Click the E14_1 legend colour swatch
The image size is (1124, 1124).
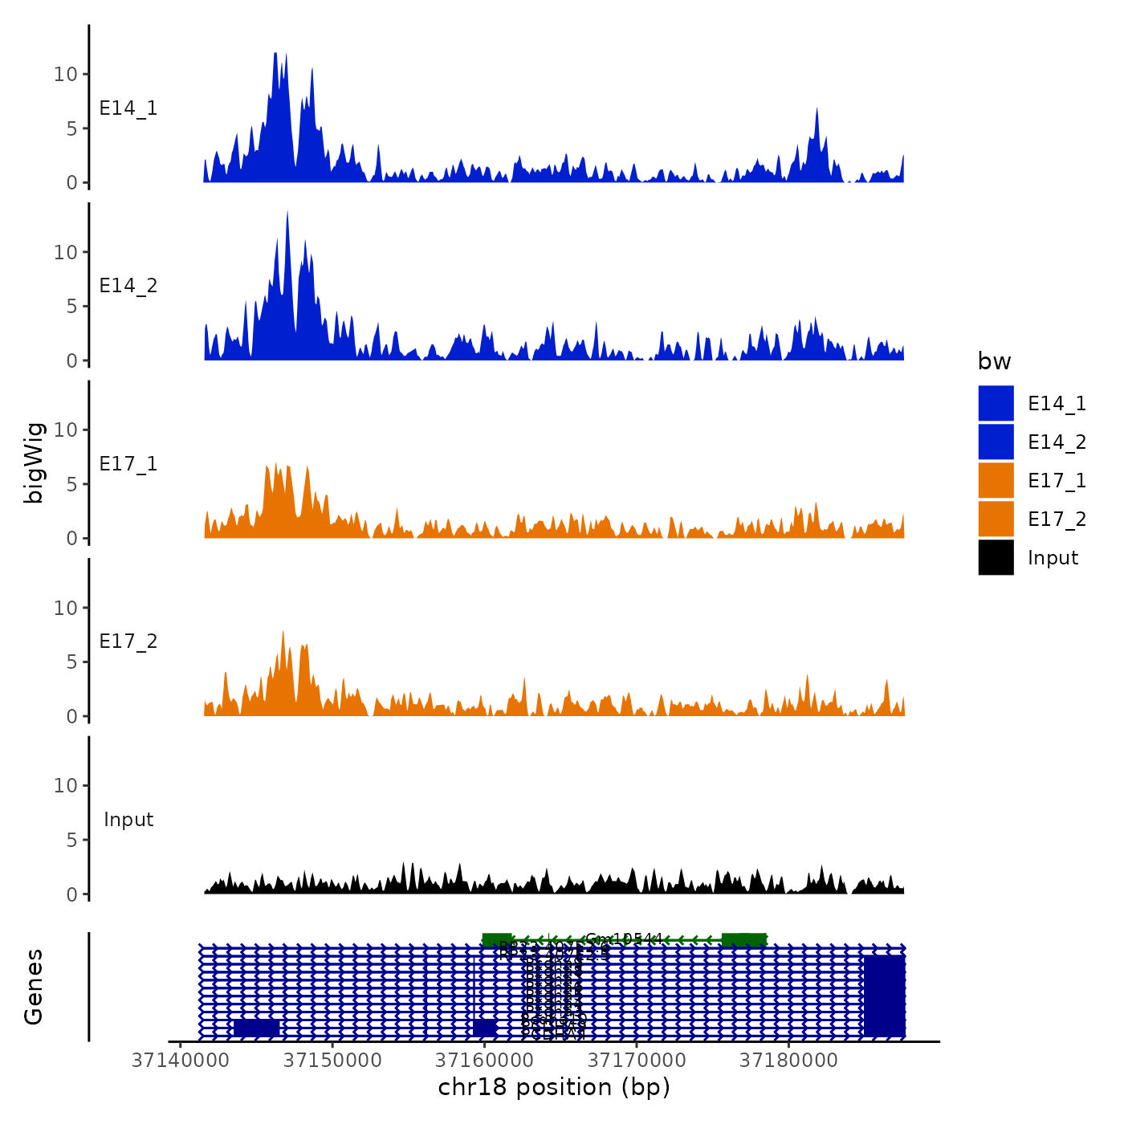tap(996, 403)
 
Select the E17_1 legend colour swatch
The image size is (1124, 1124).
tap(996, 480)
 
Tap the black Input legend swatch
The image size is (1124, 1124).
tap(996, 557)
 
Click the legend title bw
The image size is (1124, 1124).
tap(994, 361)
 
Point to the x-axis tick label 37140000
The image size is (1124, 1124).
tap(180, 1061)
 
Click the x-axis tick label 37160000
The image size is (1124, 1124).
tap(484, 1061)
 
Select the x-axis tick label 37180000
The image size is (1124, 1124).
tap(788, 1061)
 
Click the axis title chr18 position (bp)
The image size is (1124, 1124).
tap(554, 1088)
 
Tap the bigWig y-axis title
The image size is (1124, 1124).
tap(34, 462)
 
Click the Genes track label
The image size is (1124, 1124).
tap(34, 987)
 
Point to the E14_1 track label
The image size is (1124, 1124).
tap(128, 108)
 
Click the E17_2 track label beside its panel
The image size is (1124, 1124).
tap(128, 641)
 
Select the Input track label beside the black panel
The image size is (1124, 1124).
tap(128, 820)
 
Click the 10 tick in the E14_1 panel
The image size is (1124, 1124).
tap(65, 75)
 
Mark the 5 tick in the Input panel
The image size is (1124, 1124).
tap(72, 840)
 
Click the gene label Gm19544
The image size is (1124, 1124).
tap(624, 939)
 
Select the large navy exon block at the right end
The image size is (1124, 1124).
tap(884, 995)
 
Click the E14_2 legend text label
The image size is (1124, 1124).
tap(1057, 442)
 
